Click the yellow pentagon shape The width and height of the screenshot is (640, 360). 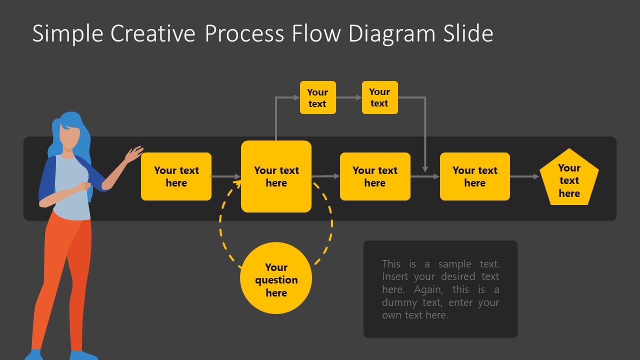coord(569,178)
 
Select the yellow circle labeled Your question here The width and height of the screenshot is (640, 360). coord(276,278)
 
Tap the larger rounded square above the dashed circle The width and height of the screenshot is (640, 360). coord(276,176)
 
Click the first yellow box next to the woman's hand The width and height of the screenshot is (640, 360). coord(176,176)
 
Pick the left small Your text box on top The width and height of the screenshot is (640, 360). coord(317,97)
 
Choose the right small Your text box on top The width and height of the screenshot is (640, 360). coord(379,97)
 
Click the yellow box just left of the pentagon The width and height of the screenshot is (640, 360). coord(474,176)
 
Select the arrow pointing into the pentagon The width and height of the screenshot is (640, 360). coord(524,176)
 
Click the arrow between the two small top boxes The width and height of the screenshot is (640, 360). coord(349,97)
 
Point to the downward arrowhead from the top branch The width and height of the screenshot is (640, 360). coord(425,168)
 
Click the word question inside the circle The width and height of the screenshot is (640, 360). coord(276,280)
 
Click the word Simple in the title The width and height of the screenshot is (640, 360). coord(67,34)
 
